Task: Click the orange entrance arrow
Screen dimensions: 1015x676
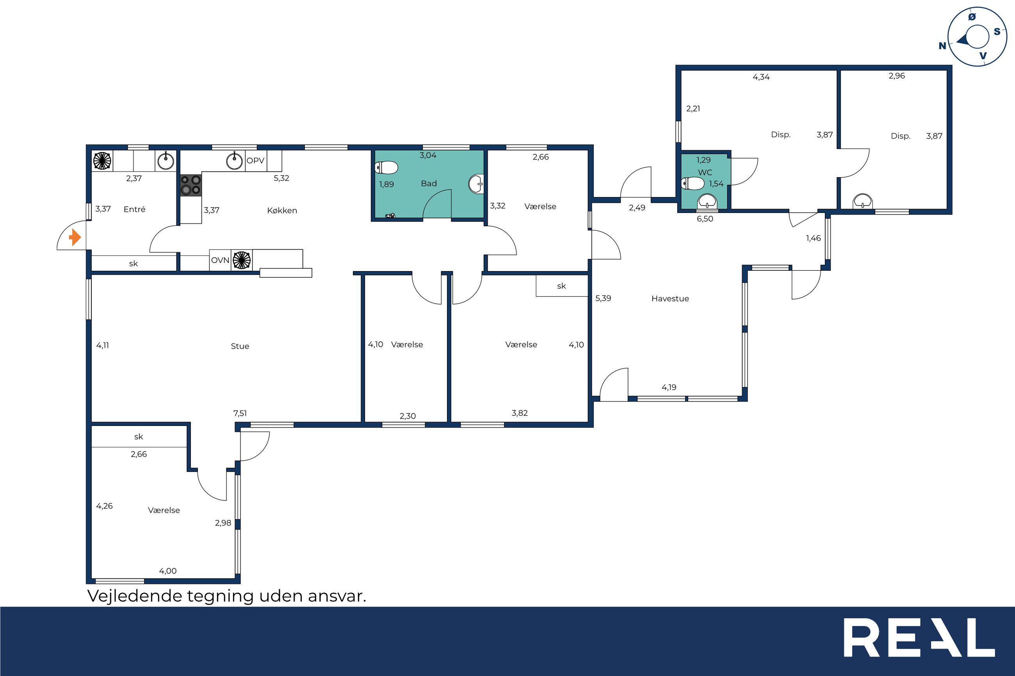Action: pos(75,238)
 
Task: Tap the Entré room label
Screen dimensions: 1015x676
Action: pos(135,209)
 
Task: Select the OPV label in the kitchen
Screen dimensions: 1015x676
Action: pos(255,161)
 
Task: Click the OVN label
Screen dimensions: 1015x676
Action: pos(220,260)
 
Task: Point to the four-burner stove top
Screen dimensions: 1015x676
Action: pos(191,185)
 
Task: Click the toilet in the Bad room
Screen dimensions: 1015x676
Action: pos(386,167)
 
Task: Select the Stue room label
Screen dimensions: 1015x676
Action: pos(240,346)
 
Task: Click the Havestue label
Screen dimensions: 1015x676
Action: pos(670,298)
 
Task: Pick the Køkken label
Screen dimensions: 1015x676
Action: pos(282,210)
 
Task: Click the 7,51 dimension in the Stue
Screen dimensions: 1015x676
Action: pos(240,413)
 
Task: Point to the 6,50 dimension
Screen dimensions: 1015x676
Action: pos(705,218)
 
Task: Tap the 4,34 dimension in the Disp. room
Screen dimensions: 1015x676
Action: pos(761,77)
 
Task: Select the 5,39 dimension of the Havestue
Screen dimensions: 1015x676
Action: pos(603,298)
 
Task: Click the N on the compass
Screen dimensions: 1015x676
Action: pos(942,46)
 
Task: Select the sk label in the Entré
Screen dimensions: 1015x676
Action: pos(133,263)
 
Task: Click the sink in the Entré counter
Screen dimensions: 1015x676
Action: pos(166,161)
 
